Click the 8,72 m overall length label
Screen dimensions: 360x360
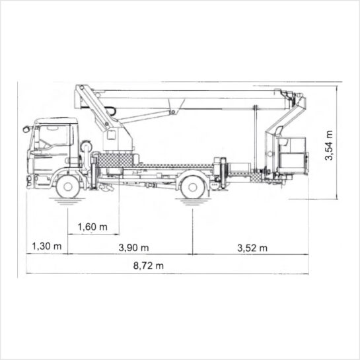click(x=149, y=266)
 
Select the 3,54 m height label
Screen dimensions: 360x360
click(x=329, y=145)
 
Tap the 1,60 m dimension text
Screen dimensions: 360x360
click(x=92, y=227)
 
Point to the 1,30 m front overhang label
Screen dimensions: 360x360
click(x=47, y=246)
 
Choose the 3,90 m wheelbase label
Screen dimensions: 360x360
click(x=133, y=248)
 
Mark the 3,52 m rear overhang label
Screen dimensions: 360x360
click(x=252, y=248)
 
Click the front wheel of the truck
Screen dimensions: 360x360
click(x=68, y=186)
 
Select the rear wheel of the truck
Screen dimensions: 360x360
click(x=193, y=187)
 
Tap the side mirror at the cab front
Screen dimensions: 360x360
click(x=26, y=129)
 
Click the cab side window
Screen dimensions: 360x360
click(x=54, y=137)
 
